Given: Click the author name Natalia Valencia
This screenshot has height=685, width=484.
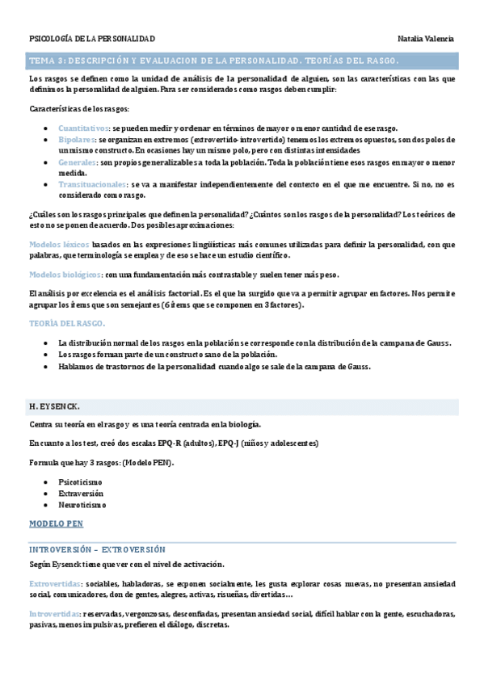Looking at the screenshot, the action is click(426, 39).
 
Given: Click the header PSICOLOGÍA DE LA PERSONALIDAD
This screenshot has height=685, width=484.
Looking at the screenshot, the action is click(91, 39).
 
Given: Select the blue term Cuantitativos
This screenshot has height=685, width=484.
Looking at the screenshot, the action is click(83, 128).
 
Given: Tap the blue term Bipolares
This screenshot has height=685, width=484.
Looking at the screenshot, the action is click(76, 140).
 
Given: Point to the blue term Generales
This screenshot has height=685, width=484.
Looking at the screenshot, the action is click(77, 162).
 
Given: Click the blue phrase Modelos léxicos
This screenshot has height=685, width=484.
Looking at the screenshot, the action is click(59, 243).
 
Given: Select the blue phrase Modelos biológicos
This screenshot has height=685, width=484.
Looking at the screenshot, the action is click(65, 275).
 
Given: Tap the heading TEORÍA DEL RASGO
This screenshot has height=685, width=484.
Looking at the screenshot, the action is click(67, 323).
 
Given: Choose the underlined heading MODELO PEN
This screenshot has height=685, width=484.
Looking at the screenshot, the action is click(56, 523).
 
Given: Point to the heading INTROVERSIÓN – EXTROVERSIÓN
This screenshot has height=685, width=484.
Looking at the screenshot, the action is click(96, 549).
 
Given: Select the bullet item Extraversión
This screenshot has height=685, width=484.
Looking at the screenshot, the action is click(82, 493).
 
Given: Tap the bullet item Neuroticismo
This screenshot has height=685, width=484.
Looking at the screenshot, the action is click(82, 505).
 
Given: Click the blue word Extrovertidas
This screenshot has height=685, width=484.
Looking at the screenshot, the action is click(53, 583).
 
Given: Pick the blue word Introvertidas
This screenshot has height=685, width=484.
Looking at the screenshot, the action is click(54, 614).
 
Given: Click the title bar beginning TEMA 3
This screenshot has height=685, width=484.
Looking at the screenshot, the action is click(213, 61).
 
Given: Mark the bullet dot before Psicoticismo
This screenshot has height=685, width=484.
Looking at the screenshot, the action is click(52, 481).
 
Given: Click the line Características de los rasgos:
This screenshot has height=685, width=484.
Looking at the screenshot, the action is click(78, 108).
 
